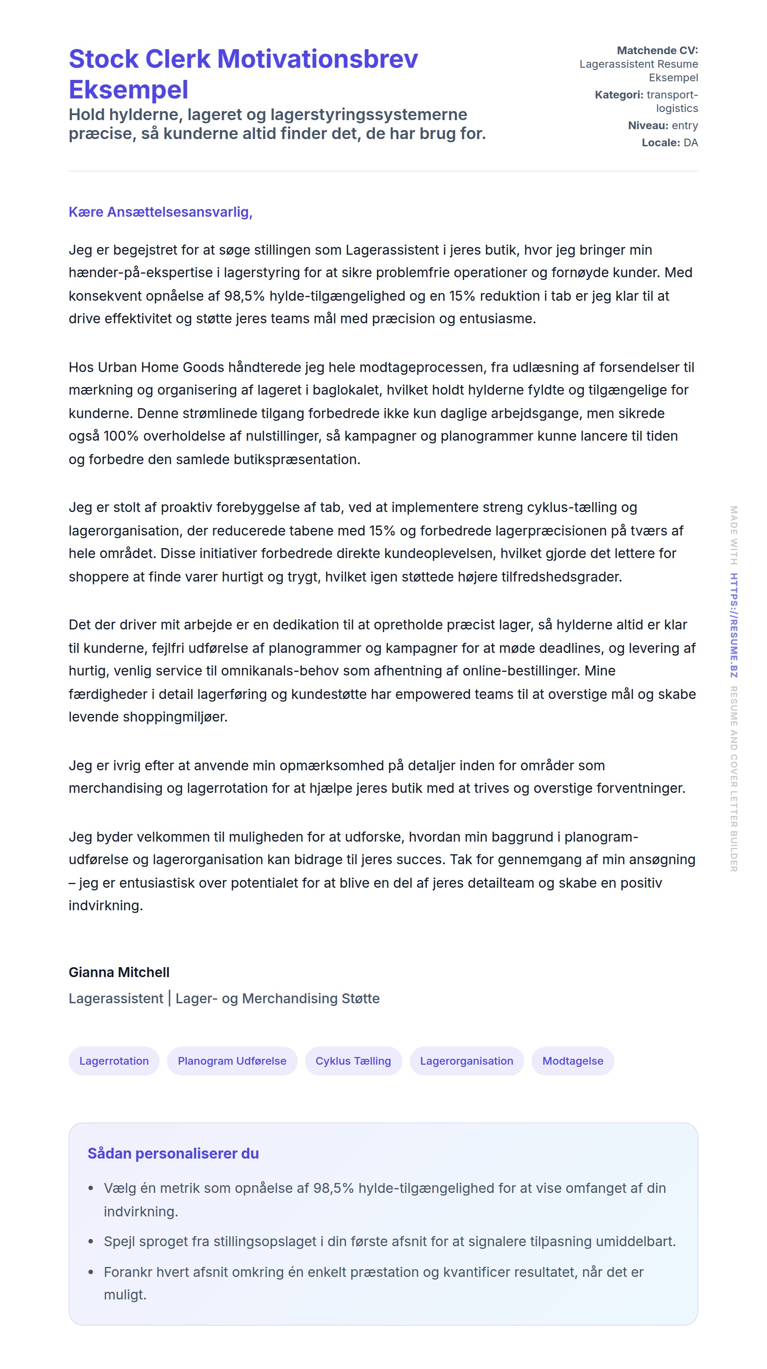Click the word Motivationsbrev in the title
[317, 59]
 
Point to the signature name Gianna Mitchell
[119, 972]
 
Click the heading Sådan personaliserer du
[173, 1153]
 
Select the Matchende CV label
[656, 51]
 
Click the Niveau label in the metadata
[647, 126]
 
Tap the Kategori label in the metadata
[618, 95]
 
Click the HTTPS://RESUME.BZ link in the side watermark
[734, 625]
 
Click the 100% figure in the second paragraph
[120, 436]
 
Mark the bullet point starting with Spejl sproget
[389, 1242]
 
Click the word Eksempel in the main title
[128, 90]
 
